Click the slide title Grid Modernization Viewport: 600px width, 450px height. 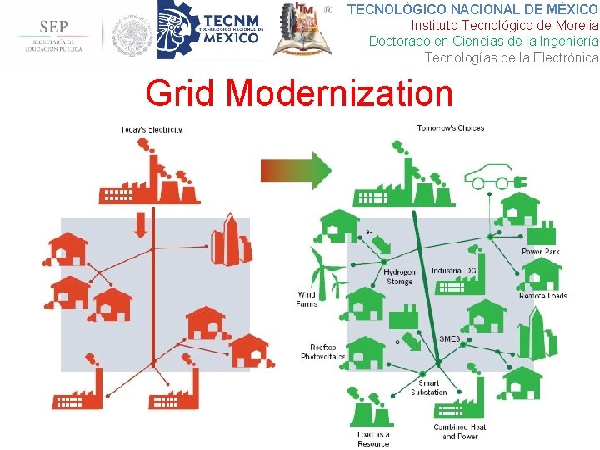299,93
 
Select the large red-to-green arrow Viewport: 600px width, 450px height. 296,169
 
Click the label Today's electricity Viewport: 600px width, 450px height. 151,129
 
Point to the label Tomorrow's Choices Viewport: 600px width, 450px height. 450,128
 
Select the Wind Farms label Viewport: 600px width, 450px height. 307,299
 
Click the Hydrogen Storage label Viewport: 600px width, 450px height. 399,277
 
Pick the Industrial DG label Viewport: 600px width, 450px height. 454,271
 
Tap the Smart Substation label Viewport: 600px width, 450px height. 428,387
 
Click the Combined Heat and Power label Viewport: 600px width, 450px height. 459,432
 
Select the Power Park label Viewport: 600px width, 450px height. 541,252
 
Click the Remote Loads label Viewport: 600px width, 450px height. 543,296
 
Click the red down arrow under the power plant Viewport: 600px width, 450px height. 140,223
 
